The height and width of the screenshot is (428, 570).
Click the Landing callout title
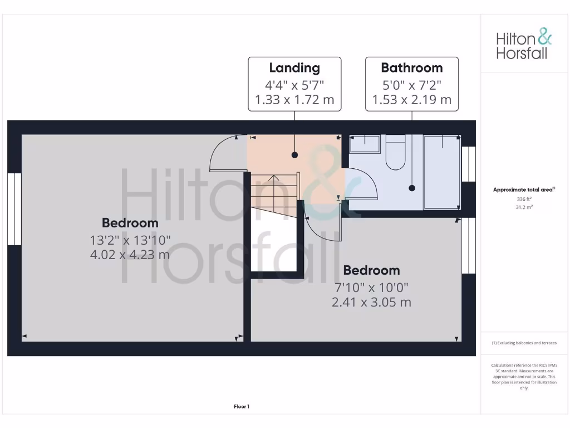click(294, 68)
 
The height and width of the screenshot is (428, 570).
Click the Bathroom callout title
click(411, 68)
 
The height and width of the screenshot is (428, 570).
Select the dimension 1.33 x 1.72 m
click(294, 100)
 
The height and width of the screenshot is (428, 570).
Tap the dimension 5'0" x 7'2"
click(411, 85)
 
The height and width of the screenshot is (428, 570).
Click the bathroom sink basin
click(364, 144)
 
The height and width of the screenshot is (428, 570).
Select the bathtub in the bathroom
click(442, 172)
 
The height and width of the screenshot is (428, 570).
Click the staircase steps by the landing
click(274, 192)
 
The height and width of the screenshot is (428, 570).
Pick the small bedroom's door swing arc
click(323, 223)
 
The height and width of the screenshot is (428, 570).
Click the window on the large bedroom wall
click(14, 209)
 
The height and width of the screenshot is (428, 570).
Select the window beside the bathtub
click(469, 164)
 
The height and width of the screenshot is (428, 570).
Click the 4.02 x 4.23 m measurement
click(130, 255)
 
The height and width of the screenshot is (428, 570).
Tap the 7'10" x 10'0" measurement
click(371, 288)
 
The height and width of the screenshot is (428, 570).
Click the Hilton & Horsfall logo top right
click(524, 45)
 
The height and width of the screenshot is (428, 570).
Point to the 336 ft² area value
click(524, 199)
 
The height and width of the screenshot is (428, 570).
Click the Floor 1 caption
click(242, 407)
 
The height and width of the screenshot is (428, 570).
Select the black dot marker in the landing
click(294, 155)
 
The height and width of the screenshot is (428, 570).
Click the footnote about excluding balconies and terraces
click(524, 343)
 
